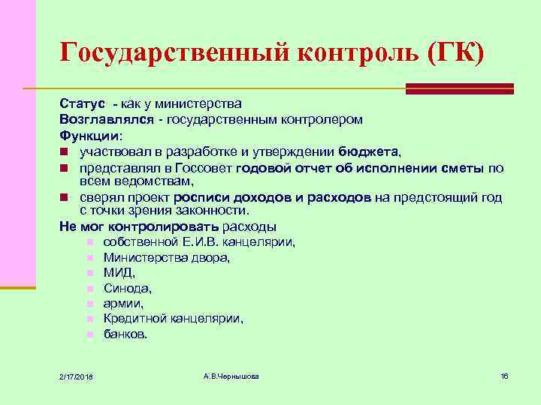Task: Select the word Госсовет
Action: click(207, 168)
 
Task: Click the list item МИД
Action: click(119, 272)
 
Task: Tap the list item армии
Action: click(123, 303)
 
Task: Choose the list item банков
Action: click(125, 334)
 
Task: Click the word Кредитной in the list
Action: click(134, 318)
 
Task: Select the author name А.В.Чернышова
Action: click(231, 375)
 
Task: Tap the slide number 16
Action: click(504, 375)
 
